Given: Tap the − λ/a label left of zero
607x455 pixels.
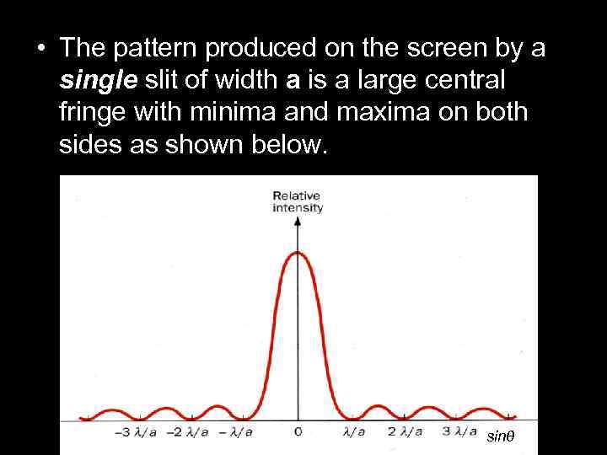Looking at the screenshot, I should click(x=237, y=432).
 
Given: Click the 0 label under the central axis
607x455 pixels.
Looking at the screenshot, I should click(x=298, y=432).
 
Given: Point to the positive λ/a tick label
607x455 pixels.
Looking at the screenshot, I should click(x=353, y=432).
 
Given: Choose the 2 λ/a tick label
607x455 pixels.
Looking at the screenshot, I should click(x=406, y=432).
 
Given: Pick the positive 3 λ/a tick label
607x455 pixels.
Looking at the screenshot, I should click(x=459, y=432).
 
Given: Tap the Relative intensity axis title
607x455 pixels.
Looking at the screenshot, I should click(x=298, y=201).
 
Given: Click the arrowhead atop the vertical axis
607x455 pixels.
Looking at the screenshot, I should click(x=298, y=221).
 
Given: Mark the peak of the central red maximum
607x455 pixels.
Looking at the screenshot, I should click(x=298, y=252).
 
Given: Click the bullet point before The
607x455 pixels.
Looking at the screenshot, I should click(x=40, y=49).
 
